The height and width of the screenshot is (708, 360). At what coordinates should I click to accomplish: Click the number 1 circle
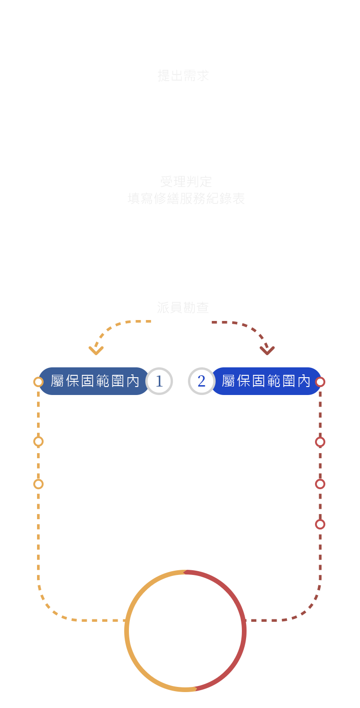click(159, 381)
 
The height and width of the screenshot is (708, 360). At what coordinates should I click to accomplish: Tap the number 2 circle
click(202, 381)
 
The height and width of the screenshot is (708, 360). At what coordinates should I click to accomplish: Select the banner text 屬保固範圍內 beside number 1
click(95, 381)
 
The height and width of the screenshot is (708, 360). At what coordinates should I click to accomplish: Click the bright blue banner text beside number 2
click(266, 381)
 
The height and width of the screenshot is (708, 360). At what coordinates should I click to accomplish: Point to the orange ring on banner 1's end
click(38, 382)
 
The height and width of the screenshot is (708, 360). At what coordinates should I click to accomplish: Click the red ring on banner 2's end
click(320, 382)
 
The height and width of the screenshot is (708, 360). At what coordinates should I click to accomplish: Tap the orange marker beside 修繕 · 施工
click(38, 441)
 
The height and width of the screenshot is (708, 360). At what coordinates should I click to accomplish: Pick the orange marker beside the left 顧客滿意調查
click(38, 484)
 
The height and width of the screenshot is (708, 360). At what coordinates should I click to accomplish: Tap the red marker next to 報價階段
click(320, 442)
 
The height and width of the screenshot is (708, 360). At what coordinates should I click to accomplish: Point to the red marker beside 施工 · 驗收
click(320, 484)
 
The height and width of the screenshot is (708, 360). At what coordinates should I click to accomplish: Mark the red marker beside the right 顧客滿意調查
click(320, 524)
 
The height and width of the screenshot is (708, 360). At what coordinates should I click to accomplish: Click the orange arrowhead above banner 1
click(95, 350)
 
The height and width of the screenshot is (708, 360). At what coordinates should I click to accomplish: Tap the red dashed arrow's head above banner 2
click(267, 350)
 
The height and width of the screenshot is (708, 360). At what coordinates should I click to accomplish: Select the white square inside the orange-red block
click(185, 621)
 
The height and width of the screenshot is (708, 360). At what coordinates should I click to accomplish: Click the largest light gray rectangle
click(183, 190)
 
